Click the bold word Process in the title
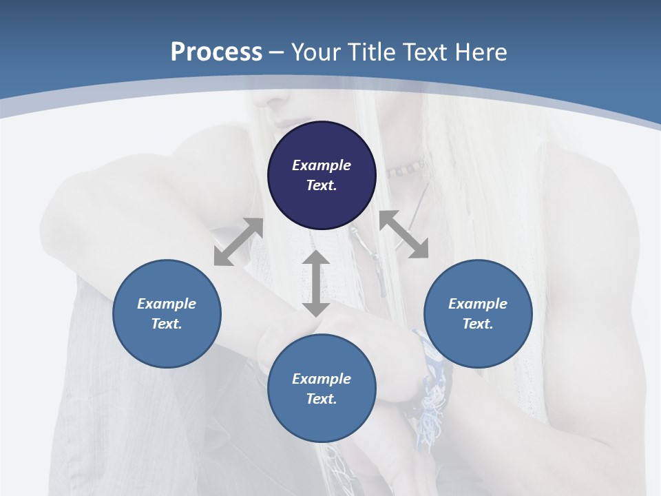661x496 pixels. [216, 52]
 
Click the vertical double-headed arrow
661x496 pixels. [316, 284]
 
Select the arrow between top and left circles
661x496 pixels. [238, 242]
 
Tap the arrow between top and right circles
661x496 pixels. [403, 235]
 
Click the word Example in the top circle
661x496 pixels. [322, 165]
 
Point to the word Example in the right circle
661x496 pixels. [478, 304]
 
